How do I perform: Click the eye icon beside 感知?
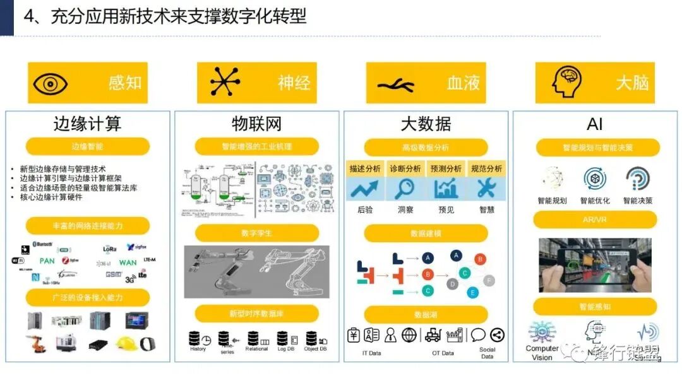pos(51,83)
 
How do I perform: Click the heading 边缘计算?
pos(87,124)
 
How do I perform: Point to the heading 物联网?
pos(257,124)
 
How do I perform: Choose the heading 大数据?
pos(426,124)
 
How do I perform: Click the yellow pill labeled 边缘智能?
pos(88,146)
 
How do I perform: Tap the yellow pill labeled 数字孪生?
pos(257,233)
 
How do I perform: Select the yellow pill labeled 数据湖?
pos(426,314)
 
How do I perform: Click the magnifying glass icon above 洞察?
pos(405,188)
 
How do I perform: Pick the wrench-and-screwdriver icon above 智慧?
pos(487,188)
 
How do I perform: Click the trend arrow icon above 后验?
pos(364,188)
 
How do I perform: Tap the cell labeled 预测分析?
pos(446,168)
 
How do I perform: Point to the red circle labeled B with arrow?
pos(428,274)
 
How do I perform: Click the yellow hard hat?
pos(125,345)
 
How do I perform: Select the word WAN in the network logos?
pos(128,262)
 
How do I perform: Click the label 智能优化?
pos(595,201)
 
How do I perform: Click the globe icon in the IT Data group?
pos(409,335)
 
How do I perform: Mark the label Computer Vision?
pos(542,353)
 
